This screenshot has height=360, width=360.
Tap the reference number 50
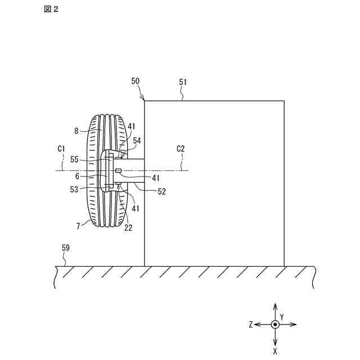click(x=136, y=82)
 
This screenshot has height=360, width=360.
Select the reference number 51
click(x=183, y=82)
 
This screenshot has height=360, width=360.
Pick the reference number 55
click(x=74, y=160)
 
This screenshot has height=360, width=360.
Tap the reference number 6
click(x=78, y=175)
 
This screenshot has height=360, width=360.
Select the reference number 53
click(x=75, y=190)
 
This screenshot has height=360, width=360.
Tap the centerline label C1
click(x=62, y=148)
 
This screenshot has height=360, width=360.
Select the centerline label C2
click(x=181, y=148)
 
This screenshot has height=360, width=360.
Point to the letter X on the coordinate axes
click(x=274, y=351)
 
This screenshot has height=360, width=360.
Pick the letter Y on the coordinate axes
click(x=281, y=317)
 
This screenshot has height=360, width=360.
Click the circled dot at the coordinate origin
click(x=274, y=325)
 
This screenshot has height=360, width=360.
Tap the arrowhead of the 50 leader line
click(x=144, y=100)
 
